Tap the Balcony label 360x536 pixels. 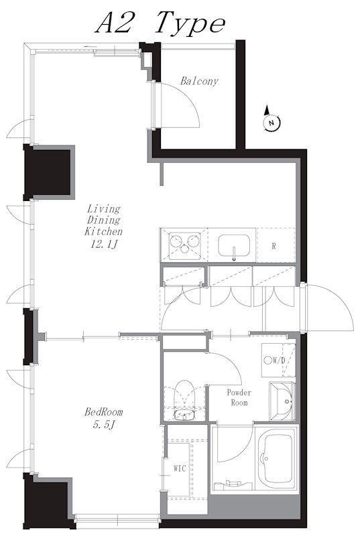[199, 81]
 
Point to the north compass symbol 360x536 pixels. [272, 119]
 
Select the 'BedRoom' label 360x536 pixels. [104, 412]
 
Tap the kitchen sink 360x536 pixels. [234, 245]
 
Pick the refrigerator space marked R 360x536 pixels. [276, 245]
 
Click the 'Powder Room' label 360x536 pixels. [239, 397]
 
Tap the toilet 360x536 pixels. [184, 399]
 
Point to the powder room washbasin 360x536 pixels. [282, 401]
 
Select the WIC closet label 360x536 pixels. [180, 468]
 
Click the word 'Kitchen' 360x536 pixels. [104, 231]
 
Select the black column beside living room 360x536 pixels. [48, 172]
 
